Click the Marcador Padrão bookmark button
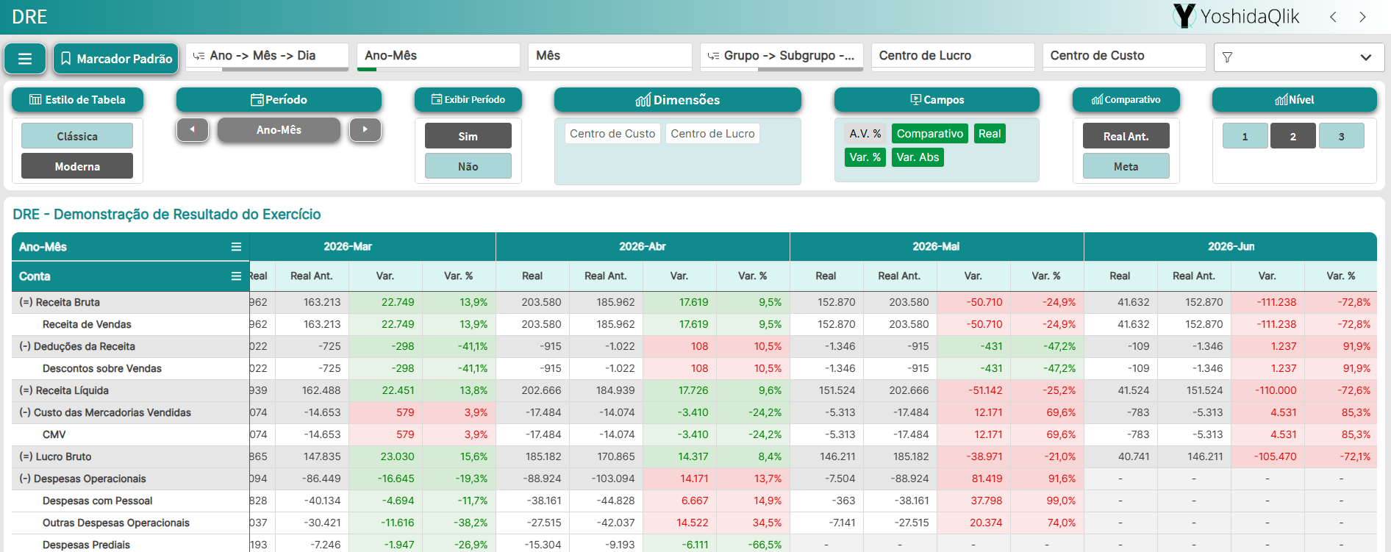[115, 59]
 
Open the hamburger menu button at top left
[25, 59]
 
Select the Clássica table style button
[77, 136]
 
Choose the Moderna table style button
[77, 166]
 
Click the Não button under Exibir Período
[468, 166]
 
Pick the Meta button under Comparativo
[1126, 166]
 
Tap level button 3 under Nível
[1341, 136]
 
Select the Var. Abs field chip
[918, 157]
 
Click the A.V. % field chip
[865, 134]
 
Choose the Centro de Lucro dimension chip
[712, 134]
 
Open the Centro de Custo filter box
[1124, 56]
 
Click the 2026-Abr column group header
[643, 247]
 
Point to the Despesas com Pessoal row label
[98, 501]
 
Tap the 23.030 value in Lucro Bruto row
[397, 456]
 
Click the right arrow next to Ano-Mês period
[365, 129]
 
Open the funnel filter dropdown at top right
[1299, 57]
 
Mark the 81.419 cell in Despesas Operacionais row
[987, 478]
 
